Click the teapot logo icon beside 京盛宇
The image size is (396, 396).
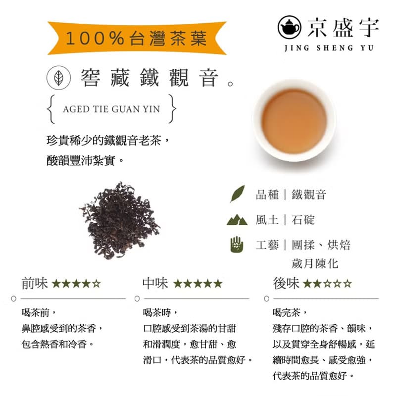pyautogui.click(x=289, y=26)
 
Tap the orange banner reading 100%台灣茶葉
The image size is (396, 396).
pyautogui.click(x=137, y=38)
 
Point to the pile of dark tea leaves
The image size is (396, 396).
pyautogui.click(x=119, y=220)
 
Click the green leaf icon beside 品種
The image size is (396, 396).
pyautogui.click(x=237, y=194)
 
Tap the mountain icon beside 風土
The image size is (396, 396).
pyautogui.click(x=237, y=220)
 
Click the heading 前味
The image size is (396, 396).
pyautogui.click(x=35, y=284)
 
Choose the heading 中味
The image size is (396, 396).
pyautogui.click(x=155, y=284)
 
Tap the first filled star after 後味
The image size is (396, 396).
pyautogui.click(x=307, y=284)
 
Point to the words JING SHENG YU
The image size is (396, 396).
pyautogui.click(x=329, y=48)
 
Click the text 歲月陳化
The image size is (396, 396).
pyautogui.click(x=315, y=262)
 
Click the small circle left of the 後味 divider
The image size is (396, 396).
pyautogui.click(x=267, y=298)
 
